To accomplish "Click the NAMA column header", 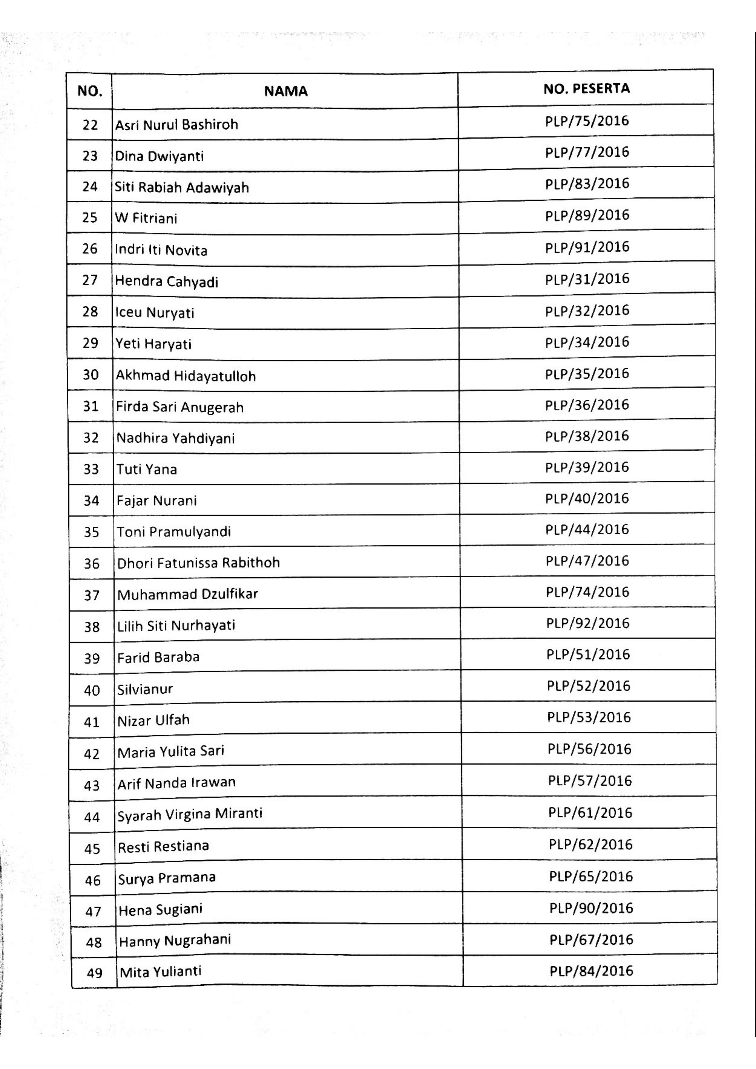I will click(x=286, y=91).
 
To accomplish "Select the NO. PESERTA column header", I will click(x=587, y=88).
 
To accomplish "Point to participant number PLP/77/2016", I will click(x=587, y=152).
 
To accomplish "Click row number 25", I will click(x=90, y=218).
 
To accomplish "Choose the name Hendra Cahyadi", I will click(x=166, y=282).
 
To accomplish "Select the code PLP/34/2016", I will click(x=587, y=342).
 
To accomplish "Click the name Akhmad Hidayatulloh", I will click(x=185, y=376).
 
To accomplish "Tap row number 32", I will click(x=91, y=438).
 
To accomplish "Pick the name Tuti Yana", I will click(x=147, y=469).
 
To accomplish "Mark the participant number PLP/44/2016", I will click(x=587, y=530).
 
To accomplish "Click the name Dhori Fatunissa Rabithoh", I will click(x=198, y=563).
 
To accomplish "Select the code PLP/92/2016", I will click(x=588, y=623).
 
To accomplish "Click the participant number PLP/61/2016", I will click(x=590, y=813).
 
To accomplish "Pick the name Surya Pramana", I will click(x=167, y=878).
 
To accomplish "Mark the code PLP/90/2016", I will click(x=591, y=908).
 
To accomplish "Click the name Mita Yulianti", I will click(x=160, y=972).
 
